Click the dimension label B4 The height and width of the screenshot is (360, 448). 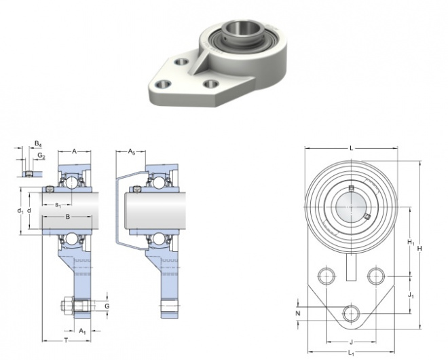[38, 144]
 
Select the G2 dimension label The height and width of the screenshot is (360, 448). [41, 156]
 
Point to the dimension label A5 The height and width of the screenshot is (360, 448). [131, 151]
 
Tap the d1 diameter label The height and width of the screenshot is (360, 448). [20, 211]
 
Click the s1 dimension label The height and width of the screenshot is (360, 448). [58, 204]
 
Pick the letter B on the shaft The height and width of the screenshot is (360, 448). [68, 217]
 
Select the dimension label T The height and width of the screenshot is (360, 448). [67, 340]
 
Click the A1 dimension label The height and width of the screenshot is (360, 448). [82, 331]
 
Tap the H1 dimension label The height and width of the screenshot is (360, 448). [411, 242]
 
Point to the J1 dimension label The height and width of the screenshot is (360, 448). [411, 295]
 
